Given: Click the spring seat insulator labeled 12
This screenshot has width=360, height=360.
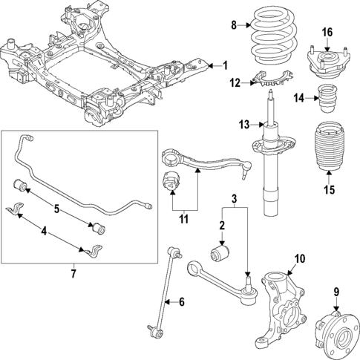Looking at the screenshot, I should coord(271,76).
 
